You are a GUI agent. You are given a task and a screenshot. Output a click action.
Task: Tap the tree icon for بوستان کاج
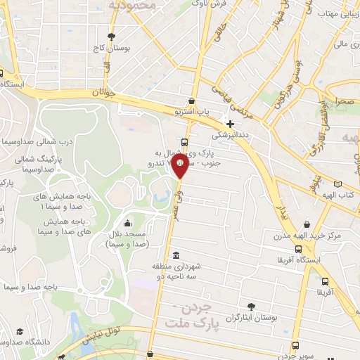110,36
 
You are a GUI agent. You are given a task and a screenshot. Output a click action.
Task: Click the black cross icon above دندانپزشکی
230,124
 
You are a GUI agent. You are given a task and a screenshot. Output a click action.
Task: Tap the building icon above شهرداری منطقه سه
175,255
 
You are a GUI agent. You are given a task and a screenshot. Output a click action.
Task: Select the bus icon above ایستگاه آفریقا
299,248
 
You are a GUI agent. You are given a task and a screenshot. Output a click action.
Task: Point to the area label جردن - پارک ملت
191,316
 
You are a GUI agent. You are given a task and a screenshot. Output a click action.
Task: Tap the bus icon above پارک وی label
184,141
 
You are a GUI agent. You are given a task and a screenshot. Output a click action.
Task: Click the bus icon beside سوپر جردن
295,345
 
